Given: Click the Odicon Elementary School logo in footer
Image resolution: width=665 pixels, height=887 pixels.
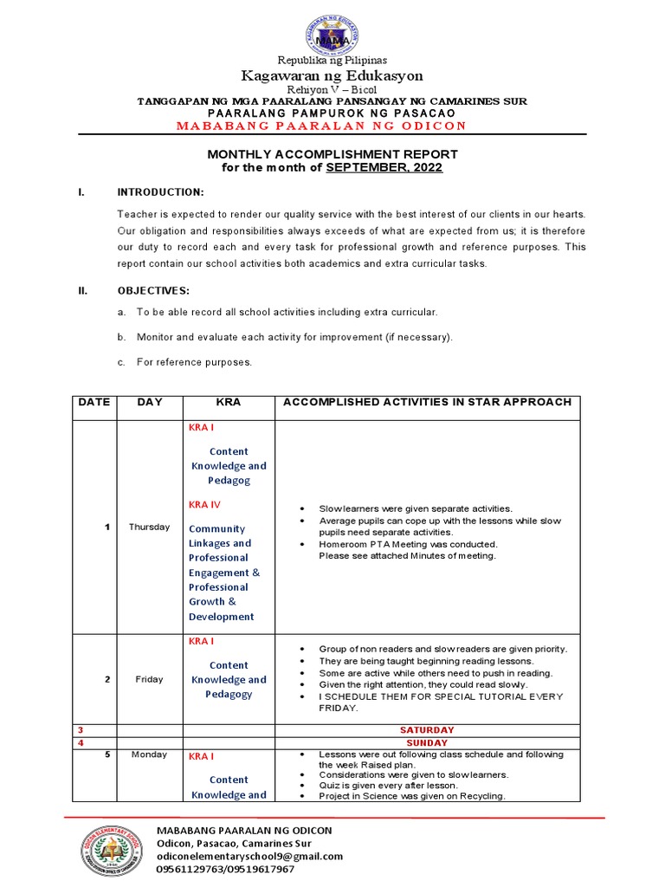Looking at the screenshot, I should pos(107,850).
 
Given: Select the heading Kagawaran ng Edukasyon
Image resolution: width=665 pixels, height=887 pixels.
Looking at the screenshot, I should pos(332,76).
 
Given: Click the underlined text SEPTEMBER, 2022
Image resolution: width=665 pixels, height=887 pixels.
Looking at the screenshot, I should pos(384,167).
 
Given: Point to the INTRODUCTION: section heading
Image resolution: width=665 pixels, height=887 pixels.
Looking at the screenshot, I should pos(160,191).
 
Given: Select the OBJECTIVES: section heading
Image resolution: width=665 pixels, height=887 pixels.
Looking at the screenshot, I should pos(153,291).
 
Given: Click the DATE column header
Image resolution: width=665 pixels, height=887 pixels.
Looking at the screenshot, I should pos(94,402).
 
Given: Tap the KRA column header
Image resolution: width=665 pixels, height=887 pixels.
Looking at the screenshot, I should pos(229,402).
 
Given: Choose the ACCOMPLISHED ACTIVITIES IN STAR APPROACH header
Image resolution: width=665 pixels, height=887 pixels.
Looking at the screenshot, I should pos(428,402).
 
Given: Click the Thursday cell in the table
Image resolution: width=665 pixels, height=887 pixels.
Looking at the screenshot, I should pos(149,527).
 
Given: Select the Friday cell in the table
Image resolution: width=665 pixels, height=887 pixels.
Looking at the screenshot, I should pos(149,679).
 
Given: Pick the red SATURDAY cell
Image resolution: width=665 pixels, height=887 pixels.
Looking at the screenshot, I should pos(427,730).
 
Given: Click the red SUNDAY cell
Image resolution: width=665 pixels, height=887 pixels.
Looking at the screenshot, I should pos(427,743).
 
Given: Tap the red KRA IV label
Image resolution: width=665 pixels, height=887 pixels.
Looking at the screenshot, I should pos(204,504).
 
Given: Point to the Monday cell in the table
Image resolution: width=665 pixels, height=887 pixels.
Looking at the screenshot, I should pos(149,754).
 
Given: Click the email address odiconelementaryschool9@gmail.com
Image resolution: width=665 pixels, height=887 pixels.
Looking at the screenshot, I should pos(249,856).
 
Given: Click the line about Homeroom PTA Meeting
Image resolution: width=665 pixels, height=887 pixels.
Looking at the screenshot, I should pos(408,544).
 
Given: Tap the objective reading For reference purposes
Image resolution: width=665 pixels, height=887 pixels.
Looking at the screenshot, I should pos(194,362).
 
